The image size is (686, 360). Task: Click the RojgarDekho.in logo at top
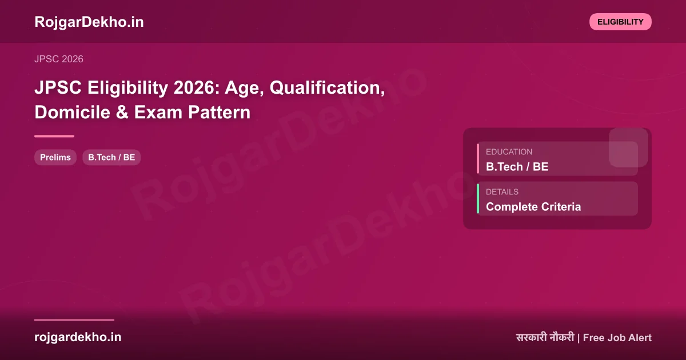(x=89, y=22)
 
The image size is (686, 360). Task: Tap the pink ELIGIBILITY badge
(x=620, y=22)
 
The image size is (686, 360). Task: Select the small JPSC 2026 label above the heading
(x=59, y=59)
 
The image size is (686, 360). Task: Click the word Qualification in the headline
(x=326, y=88)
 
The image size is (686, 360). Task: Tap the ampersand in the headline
(x=122, y=112)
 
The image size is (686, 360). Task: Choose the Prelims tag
(x=55, y=157)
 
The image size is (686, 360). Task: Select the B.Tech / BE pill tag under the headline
(x=111, y=157)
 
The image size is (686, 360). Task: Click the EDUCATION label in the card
(x=509, y=152)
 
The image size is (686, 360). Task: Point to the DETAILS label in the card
(x=502, y=192)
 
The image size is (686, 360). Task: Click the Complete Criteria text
(x=533, y=207)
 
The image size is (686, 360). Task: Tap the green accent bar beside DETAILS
(x=478, y=198)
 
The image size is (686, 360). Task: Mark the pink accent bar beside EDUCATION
(x=478, y=158)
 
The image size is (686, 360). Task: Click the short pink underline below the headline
(x=54, y=136)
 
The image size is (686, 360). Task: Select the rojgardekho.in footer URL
(x=78, y=337)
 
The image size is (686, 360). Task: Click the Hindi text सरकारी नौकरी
(x=544, y=338)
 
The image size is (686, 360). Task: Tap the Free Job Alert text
(x=617, y=338)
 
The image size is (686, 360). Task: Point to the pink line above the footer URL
(x=74, y=320)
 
